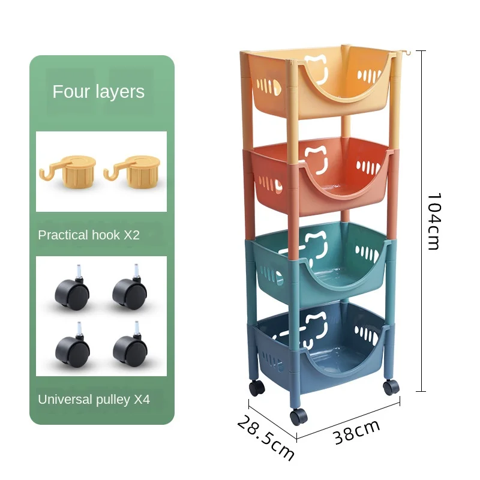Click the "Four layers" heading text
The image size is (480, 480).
click(98, 92)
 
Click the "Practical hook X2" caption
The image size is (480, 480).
click(89, 235)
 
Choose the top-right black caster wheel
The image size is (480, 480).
click(130, 293)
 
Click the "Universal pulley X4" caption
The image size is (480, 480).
click(94, 400)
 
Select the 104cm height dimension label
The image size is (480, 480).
click(433, 221)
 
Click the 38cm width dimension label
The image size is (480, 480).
click(357, 432)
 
